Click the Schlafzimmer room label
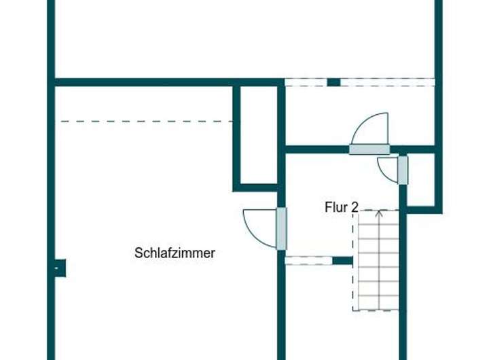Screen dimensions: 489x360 (175, 253)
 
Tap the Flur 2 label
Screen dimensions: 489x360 (341, 208)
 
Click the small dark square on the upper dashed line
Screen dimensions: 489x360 (333, 83)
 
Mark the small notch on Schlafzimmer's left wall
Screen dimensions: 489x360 (59, 268)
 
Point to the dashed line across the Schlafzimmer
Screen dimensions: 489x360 (146, 122)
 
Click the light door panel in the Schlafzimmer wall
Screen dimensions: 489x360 (281, 228)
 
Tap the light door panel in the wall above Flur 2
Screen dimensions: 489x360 (369, 149)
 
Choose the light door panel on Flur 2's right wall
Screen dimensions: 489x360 (403, 170)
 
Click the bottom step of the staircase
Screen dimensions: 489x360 (378, 302)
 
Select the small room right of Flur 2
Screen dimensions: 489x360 (420, 180)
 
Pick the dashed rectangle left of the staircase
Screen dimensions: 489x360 (308, 260)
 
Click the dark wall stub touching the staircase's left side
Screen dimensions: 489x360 (343, 260)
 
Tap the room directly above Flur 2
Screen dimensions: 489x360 (360, 115)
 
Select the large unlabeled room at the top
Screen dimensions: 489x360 (244, 37)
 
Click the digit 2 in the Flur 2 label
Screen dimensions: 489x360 (354, 208)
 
